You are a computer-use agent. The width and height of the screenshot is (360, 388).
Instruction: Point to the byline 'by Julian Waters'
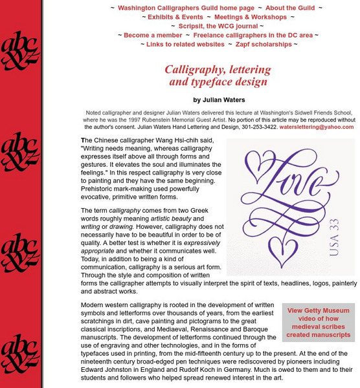pyautogui.click(x=219, y=100)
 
